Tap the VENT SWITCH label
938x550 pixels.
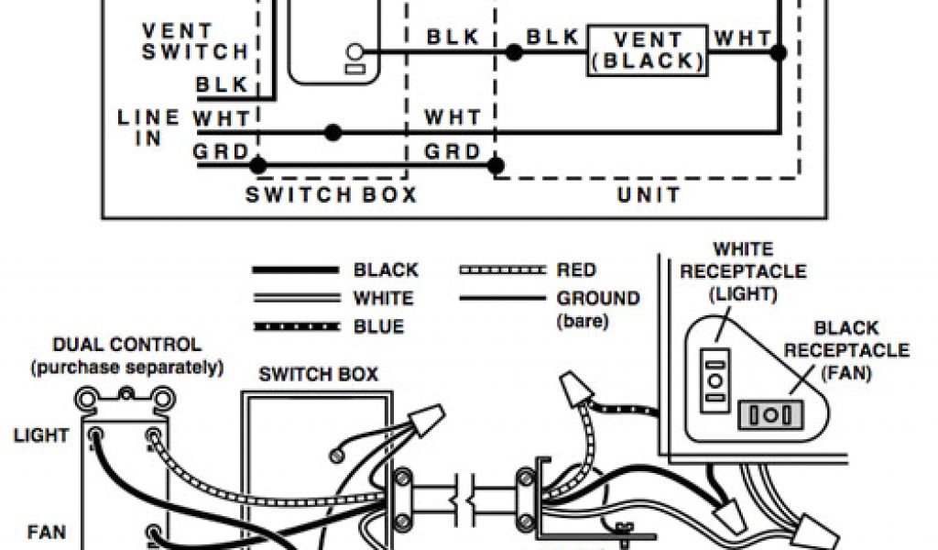[x=194, y=42]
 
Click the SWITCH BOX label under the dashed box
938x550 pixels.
[x=331, y=195]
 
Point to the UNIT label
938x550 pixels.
[x=649, y=195]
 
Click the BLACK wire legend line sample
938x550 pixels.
[x=295, y=270]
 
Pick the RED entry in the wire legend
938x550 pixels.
[x=576, y=270]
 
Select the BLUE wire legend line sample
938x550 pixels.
[x=295, y=326]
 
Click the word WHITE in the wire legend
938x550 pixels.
[x=383, y=299]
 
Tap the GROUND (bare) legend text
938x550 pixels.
[x=598, y=309]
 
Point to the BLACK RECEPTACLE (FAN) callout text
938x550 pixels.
[x=846, y=350]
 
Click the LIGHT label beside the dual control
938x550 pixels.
[x=41, y=435]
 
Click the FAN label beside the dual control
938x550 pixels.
[x=46, y=531]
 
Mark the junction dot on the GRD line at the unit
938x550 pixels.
[x=496, y=166]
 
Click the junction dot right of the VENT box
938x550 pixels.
[x=778, y=53]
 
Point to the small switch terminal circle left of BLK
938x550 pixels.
[x=354, y=52]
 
